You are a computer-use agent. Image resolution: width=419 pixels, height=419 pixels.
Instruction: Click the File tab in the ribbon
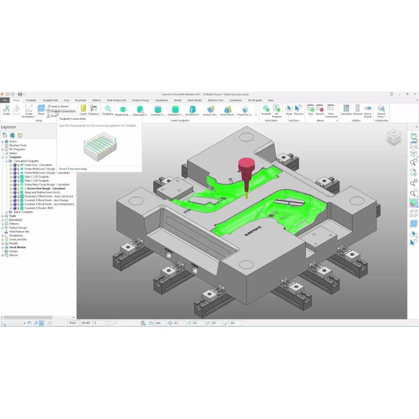click(x=5, y=100)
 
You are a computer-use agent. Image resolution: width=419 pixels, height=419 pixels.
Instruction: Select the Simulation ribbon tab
click(x=236, y=100)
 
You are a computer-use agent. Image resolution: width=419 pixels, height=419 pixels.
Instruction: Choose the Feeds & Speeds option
click(x=60, y=106)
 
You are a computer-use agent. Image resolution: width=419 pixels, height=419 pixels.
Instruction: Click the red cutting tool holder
click(x=247, y=166)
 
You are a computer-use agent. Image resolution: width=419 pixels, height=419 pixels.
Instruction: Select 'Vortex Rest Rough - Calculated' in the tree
click(x=42, y=188)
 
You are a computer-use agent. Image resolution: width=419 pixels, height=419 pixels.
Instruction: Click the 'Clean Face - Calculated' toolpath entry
click(x=38, y=165)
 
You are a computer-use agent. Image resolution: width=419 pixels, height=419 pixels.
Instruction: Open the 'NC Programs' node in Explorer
click(x=18, y=149)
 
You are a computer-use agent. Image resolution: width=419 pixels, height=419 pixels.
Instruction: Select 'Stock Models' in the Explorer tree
click(x=18, y=247)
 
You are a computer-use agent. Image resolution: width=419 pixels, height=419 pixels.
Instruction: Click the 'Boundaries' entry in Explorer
click(x=16, y=220)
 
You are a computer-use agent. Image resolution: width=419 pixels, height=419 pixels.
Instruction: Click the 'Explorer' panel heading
click(x=8, y=127)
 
